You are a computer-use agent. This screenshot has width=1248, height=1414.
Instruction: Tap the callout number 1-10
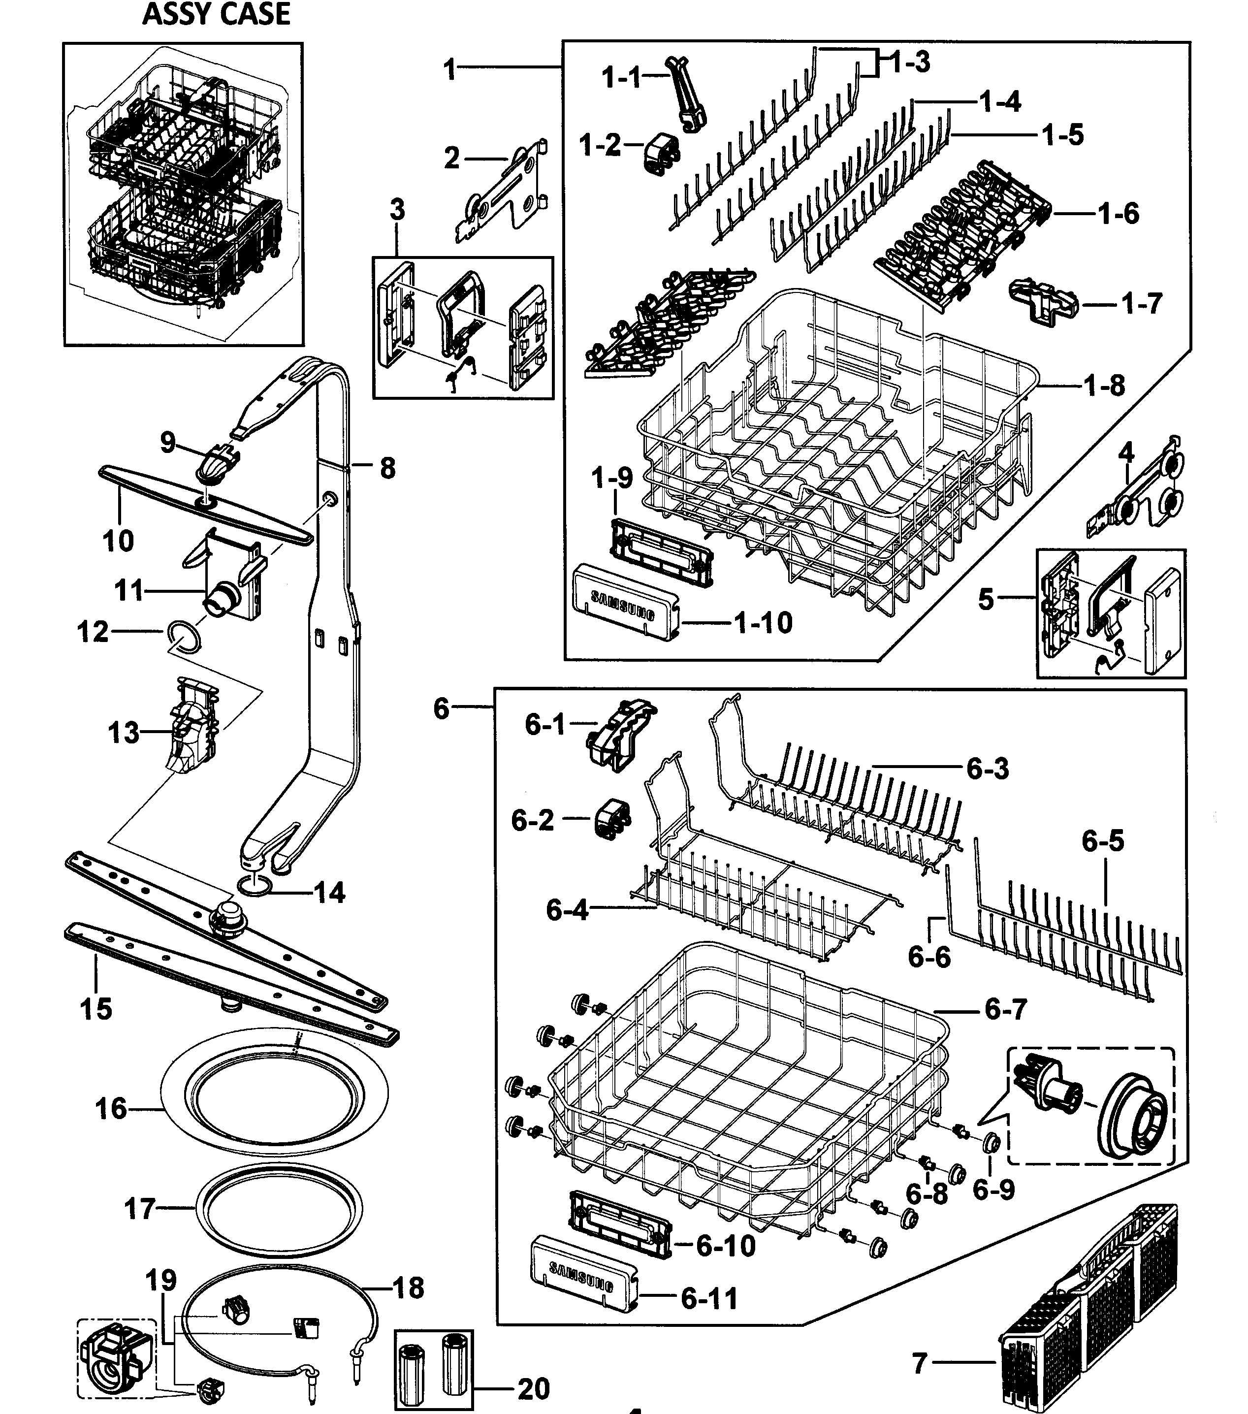763,623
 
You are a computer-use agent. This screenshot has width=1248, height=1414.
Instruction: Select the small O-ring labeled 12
185,636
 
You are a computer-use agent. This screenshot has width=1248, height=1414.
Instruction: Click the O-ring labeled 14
254,885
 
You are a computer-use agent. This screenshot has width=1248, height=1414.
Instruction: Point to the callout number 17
139,1209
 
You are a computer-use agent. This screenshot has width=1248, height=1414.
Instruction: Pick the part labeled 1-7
1043,302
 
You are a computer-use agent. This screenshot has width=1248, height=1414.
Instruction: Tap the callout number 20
533,1388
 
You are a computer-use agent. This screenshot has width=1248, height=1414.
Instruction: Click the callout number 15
96,1009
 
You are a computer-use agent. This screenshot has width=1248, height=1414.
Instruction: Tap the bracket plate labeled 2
503,190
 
